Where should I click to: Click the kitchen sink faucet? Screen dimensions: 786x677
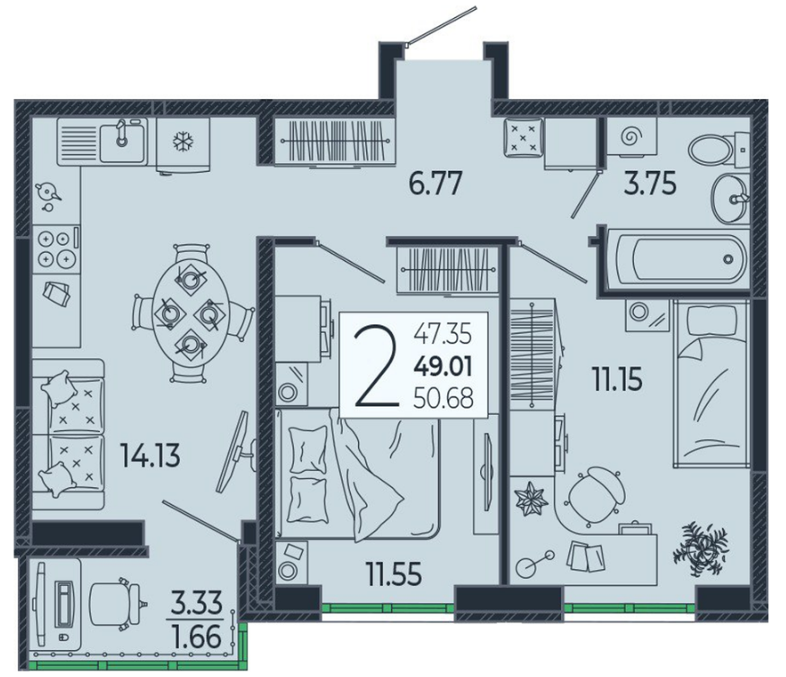click(121, 133)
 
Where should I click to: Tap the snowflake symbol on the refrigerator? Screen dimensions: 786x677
click(181, 141)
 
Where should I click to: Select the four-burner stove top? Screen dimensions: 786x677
click(56, 248)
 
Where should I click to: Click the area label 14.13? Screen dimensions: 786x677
click(150, 456)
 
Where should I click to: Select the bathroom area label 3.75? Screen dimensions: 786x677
click(649, 183)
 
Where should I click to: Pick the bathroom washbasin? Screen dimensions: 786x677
click(729, 198)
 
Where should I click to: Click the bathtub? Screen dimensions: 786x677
click(678, 259)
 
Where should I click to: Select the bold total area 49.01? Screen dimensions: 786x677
click(443, 366)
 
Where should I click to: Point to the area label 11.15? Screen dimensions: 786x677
click(617, 379)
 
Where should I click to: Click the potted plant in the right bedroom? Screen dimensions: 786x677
click(700, 548)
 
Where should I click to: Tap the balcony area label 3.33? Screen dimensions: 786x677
click(196, 602)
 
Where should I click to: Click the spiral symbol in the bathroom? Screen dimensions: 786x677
click(631, 136)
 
